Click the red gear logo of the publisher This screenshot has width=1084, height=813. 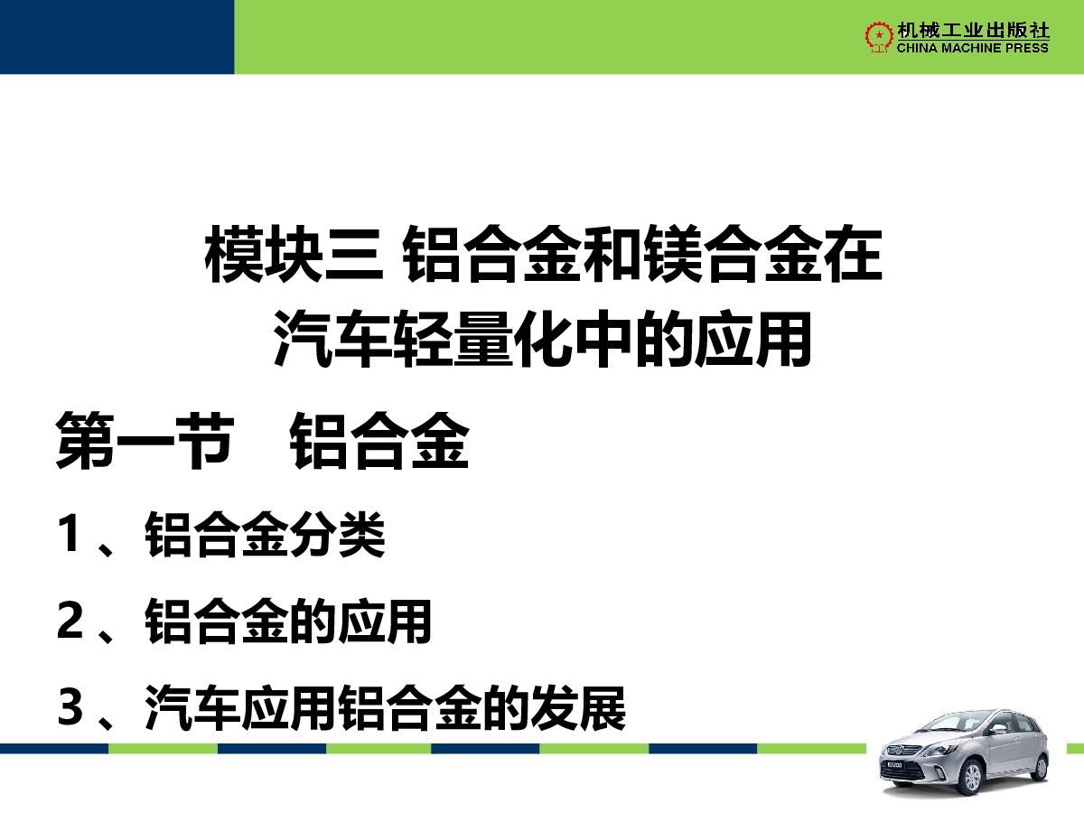point(879,36)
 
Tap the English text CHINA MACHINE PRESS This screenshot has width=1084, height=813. point(972,48)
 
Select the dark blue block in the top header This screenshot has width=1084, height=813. point(117,37)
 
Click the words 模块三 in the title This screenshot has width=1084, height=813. point(294,254)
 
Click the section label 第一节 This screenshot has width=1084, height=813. point(145,440)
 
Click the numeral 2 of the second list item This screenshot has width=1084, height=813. point(70,620)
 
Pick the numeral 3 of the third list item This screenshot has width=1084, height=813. point(70,707)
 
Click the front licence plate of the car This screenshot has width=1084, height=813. point(894,765)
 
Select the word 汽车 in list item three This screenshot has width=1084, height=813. point(192,708)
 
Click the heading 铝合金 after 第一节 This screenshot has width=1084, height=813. point(379,440)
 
